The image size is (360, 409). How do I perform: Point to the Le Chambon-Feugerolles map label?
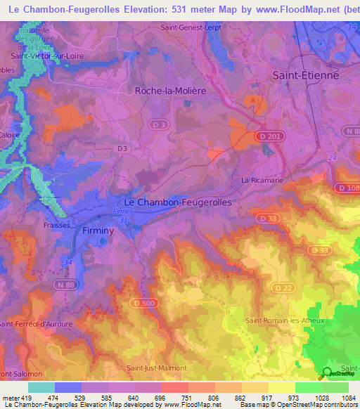173,202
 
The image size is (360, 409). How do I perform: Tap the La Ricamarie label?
261,180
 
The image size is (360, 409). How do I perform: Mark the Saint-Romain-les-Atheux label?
276,320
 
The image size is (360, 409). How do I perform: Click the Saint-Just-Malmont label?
156,368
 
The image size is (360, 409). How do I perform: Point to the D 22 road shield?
283,289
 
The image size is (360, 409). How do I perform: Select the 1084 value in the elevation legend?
347,398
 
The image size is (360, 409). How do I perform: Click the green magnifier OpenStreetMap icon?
326,373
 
